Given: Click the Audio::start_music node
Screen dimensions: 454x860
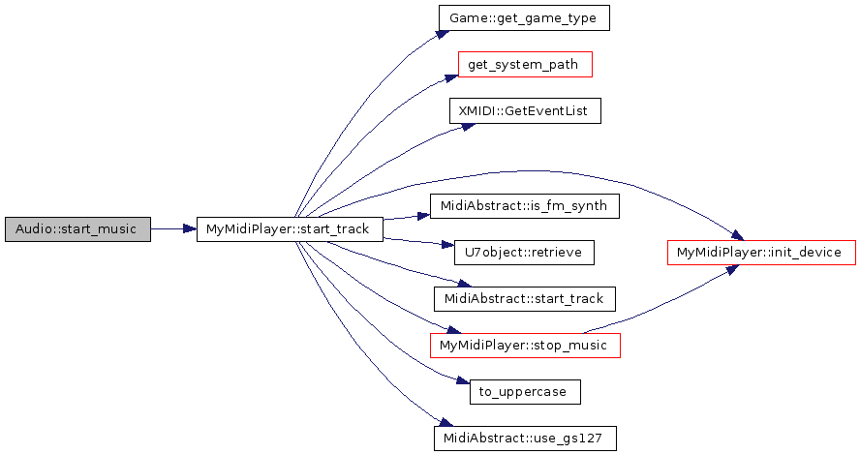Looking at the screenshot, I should [x=77, y=229].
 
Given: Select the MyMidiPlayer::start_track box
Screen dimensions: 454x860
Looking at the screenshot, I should [x=290, y=229].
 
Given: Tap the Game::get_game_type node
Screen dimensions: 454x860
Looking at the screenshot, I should [x=524, y=17].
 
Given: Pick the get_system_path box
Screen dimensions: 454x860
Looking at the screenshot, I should [x=524, y=65].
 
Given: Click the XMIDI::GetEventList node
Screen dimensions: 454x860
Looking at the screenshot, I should [x=524, y=111].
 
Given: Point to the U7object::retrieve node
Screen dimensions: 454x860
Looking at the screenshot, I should [x=524, y=253].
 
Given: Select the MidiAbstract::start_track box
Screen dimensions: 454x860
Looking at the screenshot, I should [x=524, y=299].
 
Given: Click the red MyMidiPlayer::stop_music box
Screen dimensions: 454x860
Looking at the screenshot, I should [x=524, y=346].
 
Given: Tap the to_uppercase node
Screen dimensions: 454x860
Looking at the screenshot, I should [x=524, y=392].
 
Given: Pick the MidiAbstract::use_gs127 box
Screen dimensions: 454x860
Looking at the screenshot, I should [x=524, y=438].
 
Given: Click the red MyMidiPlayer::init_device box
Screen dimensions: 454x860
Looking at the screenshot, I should [x=761, y=253].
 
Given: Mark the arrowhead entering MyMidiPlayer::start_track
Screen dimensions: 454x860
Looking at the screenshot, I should [x=191, y=229].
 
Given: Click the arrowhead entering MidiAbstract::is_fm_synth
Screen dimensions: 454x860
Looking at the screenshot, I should [x=425, y=212].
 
